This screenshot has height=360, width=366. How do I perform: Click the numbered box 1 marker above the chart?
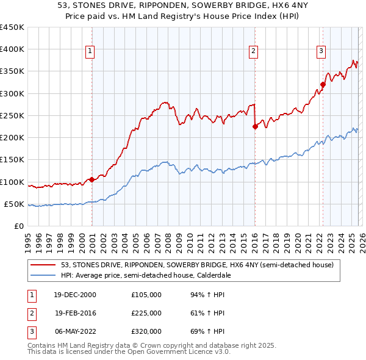click(90, 52)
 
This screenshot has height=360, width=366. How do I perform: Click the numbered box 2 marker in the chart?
click(253, 52)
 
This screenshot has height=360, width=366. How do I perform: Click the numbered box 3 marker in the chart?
click(321, 52)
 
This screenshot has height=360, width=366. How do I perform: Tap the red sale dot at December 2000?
click(91, 179)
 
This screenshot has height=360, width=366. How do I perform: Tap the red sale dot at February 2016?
click(254, 127)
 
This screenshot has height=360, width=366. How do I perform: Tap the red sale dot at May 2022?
click(322, 85)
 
